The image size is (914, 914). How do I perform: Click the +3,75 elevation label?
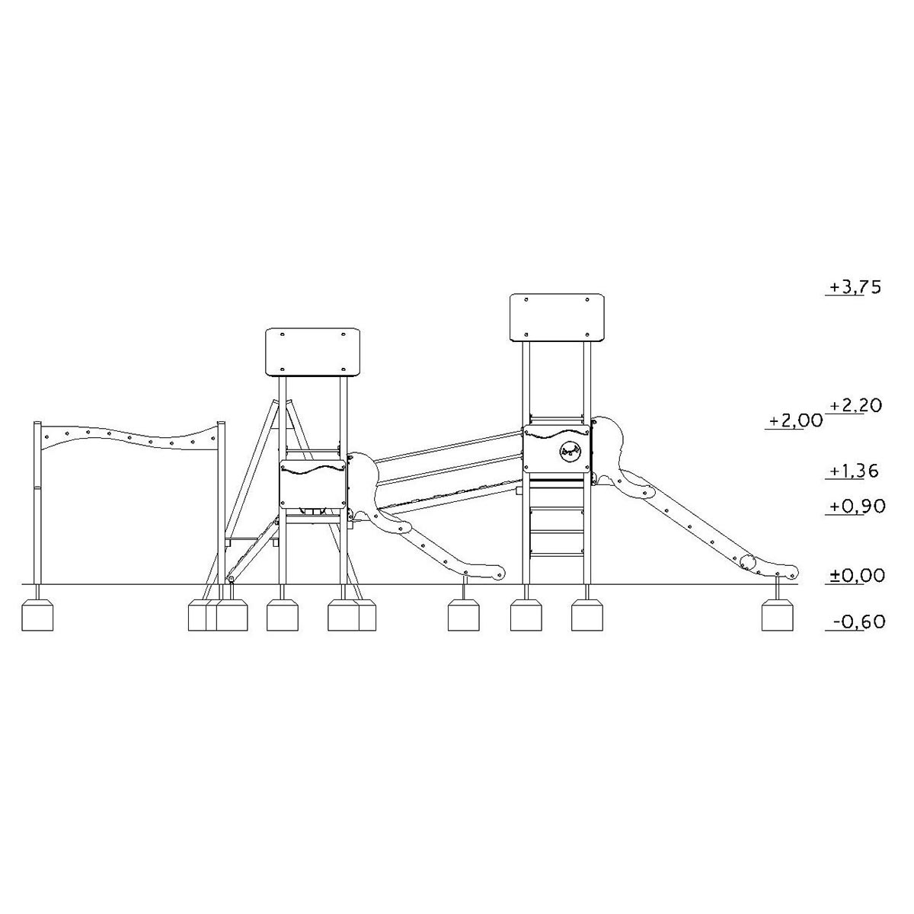click(x=855, y=287)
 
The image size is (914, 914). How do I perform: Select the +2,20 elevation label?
click(x=855, y=405)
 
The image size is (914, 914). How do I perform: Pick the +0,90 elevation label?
click(x=857, y=507)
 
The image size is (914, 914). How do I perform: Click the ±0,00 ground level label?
click(x=857, y=576)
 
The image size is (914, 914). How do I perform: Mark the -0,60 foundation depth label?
click(x=859, y=622)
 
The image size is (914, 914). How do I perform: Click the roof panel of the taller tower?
click(x=558, y=318)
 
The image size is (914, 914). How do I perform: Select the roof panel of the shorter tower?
click(x=312, y=352)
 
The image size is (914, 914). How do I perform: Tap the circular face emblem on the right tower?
click(x=570, y=451)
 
